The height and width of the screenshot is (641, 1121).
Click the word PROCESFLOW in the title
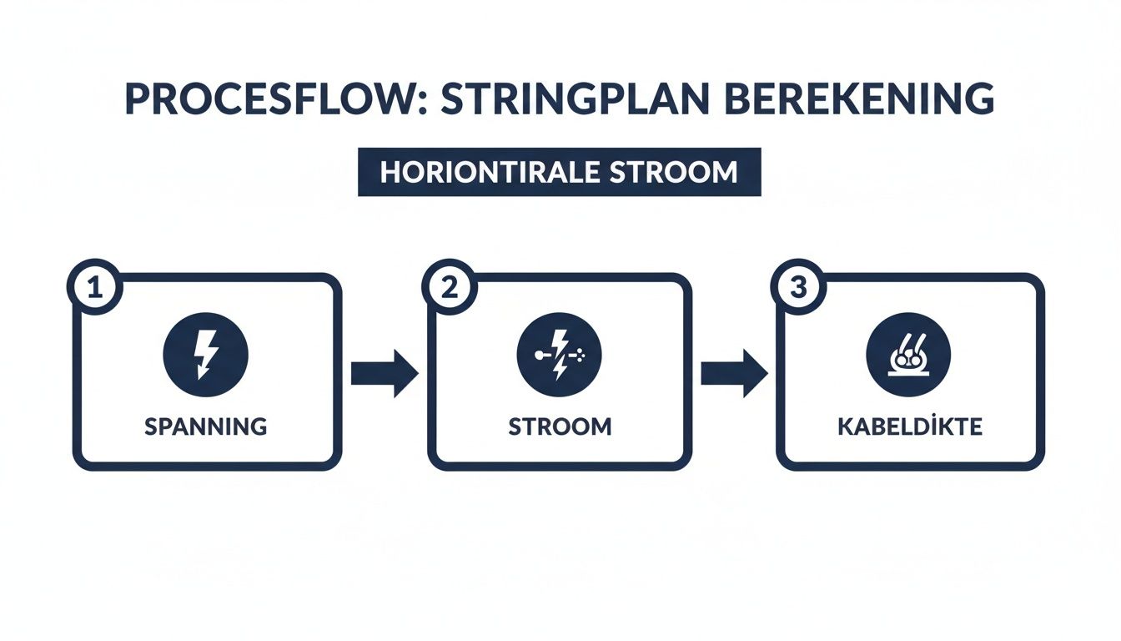coord(247,99)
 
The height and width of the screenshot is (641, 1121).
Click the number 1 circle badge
coord(94,288)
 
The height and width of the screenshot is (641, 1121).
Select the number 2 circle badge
coord(449,288)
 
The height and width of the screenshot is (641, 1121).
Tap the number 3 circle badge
coord(798,288)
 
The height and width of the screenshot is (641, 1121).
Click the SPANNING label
coord(206,426)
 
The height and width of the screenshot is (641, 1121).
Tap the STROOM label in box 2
coord(560,426)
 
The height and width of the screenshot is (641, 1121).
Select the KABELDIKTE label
coord(911,426)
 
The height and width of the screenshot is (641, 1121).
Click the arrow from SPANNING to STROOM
coord(384,373)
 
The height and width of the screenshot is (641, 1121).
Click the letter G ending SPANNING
coord(259,426)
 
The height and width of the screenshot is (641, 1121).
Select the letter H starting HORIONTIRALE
coord(388,172)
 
